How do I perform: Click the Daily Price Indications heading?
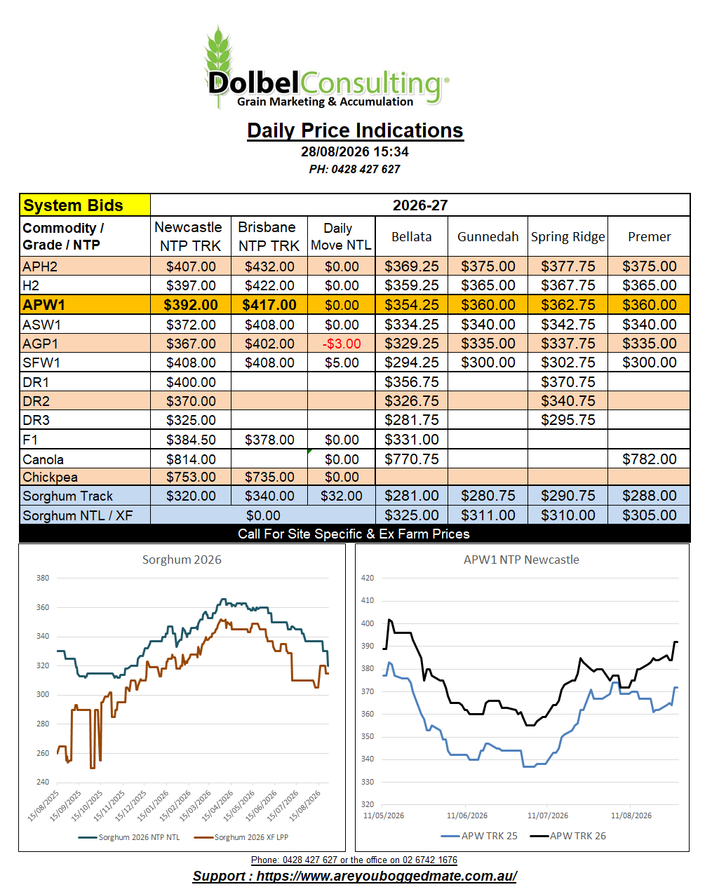[x=355, y=130]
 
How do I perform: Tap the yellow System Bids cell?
[x=85, y=205]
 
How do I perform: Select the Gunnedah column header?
[x=488, y=236]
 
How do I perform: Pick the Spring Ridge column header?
[x=567, y=236]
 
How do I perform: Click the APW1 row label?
[x=43, y=305]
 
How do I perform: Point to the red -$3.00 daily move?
[x=342, y=344]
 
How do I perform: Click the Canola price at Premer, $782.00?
[x=650, y=459]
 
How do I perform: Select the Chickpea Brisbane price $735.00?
[x=269, y=477]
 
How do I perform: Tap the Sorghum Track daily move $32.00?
[x=342, y=496]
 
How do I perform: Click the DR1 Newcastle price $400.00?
[x=191, y=382]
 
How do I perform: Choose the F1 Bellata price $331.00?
[x=412, y=440]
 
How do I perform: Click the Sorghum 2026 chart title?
[x=182, y=560]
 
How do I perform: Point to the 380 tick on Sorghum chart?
[x=43, y=578]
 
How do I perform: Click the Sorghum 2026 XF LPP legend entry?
[x=241, y=837]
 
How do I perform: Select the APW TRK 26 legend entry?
[x=568, y=836]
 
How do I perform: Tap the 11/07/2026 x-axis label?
[x=547, y=815]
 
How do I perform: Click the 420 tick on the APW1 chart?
[x=367, y=578]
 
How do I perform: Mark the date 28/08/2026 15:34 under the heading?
[x=355, y=151]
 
